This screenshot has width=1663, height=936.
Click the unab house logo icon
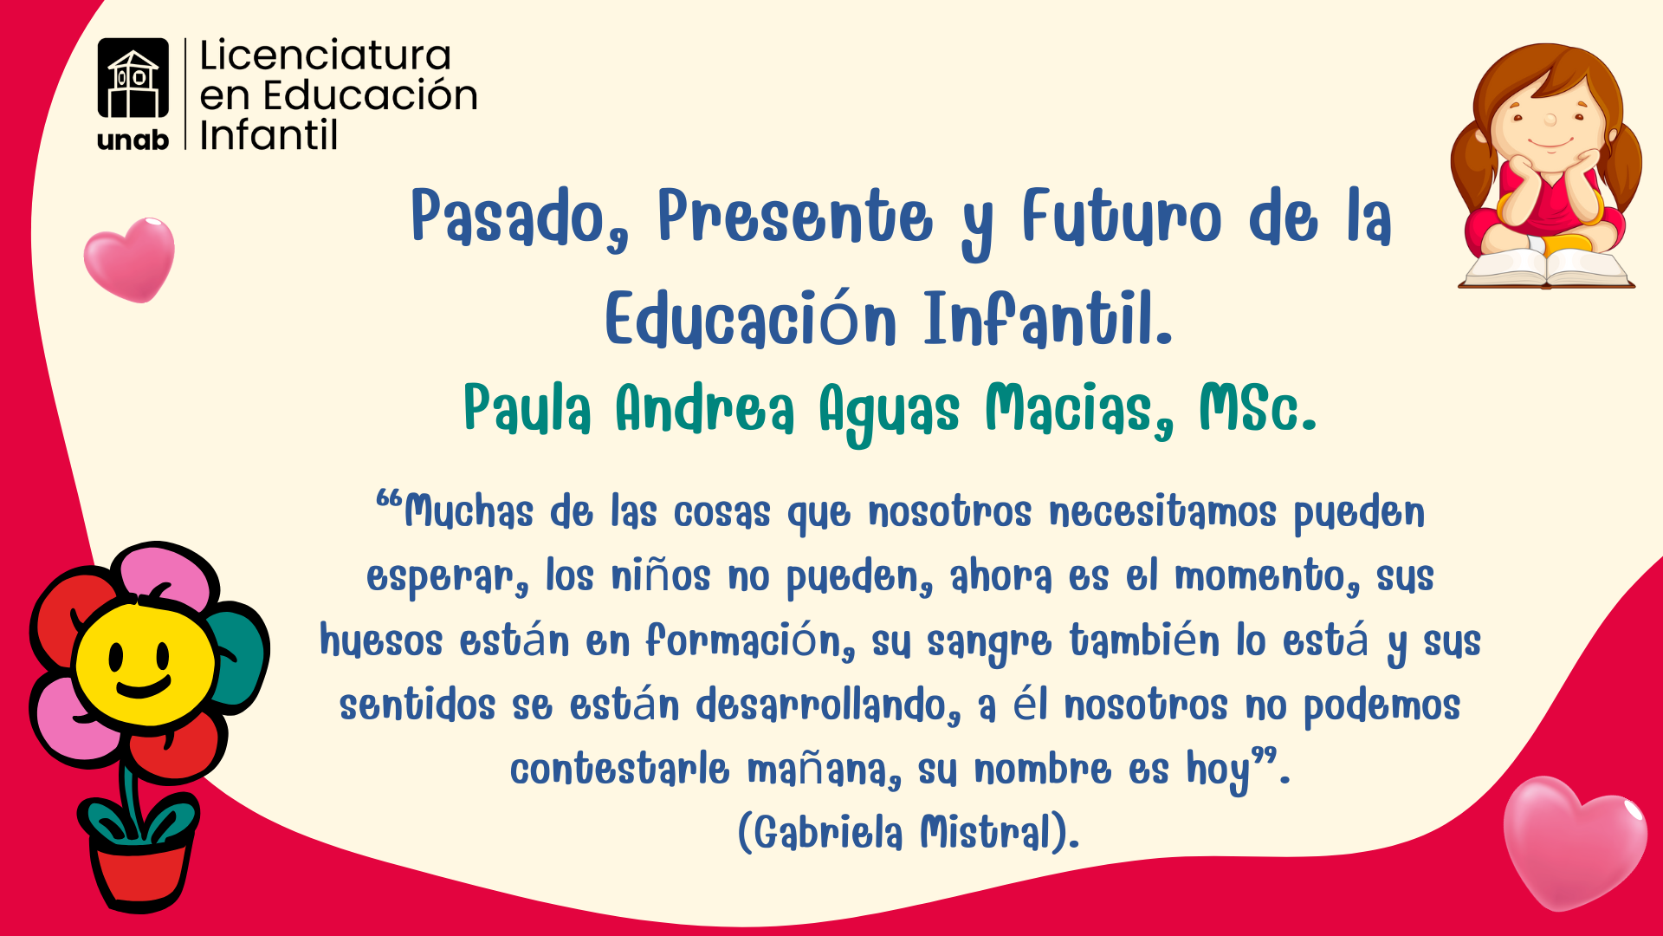(x=133, y=78)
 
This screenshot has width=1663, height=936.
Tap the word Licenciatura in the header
(x=325, y=55)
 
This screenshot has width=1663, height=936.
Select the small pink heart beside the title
(x=129, y=259)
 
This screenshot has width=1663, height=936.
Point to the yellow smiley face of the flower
(x=144, y=666)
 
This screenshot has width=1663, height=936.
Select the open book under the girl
(x=1546, y=268)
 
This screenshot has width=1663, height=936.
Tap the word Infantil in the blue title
(x=1048, y=319)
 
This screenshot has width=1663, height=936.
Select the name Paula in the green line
(x=527, y=408)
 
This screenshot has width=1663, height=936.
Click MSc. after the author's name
(x=1258, y=408)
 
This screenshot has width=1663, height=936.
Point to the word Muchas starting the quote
(x=468, y=511)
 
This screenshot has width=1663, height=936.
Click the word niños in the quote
(x=661, y=576)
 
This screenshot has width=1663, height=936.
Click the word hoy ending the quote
(x=1219, y=770)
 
